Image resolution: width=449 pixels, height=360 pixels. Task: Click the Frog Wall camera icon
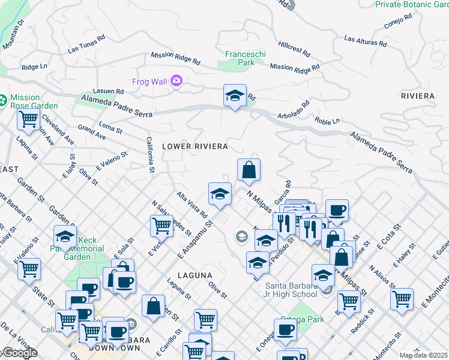pos(176,80)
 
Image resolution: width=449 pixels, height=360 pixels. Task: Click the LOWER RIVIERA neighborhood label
pos(194,146)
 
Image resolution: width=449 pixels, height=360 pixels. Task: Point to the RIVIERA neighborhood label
pos(418,96)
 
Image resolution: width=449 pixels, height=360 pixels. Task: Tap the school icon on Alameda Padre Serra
pos(235,95)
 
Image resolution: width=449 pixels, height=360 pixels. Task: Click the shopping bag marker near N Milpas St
pos(249,170)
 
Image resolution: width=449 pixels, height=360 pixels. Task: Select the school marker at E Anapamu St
pos(220,194)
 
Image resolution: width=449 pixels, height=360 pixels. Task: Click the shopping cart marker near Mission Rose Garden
pos(28,120)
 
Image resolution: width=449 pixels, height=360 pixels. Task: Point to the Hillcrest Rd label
pos(292,45)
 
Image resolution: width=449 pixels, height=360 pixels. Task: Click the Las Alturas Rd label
pos(364,41)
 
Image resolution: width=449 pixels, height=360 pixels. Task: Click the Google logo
pos(19,353)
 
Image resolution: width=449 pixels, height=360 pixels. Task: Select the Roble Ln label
pos(327,121)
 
